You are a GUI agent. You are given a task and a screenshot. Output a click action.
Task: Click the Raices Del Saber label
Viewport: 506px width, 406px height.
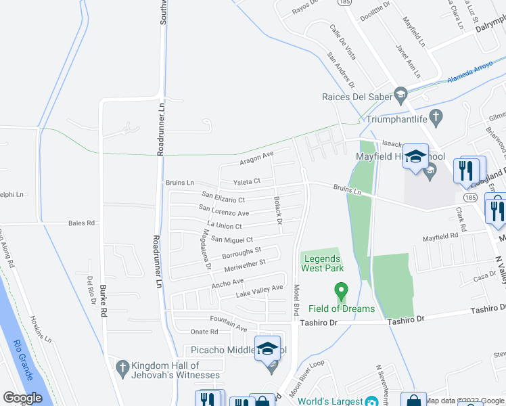[357, 97]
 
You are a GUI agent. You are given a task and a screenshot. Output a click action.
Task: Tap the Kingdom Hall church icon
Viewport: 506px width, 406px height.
[122, 368]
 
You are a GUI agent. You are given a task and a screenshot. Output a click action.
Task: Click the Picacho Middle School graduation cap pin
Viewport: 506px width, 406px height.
[268, 348]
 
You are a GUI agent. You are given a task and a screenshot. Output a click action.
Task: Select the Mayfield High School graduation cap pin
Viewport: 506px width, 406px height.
[415, 156]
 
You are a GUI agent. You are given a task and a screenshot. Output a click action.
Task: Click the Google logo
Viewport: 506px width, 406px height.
[22, 398]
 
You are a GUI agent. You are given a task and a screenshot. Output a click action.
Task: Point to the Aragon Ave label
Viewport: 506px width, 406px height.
[256, 158]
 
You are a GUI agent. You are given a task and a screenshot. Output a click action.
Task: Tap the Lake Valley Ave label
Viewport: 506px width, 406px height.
[259, 292]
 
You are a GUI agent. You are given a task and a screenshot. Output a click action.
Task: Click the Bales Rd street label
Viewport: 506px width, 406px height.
[81, 223]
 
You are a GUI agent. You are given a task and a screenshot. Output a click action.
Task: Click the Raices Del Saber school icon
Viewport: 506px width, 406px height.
[401, 94]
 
